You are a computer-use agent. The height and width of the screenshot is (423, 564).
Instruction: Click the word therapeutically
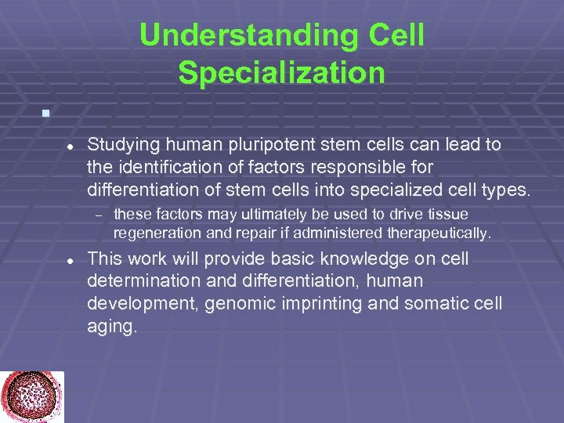pyautogui.click(x=435, y=233)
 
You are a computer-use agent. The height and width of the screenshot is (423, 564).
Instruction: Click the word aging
pyautogui.click(x=112, y=325)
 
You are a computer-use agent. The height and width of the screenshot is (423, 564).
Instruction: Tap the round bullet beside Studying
pyautogui.click(x=70, y=146)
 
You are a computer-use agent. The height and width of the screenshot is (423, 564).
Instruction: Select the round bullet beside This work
pyautogui.click(x=70, y=260)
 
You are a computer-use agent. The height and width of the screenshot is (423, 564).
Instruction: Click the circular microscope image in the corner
pyautogui.click(x=31, y=396)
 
